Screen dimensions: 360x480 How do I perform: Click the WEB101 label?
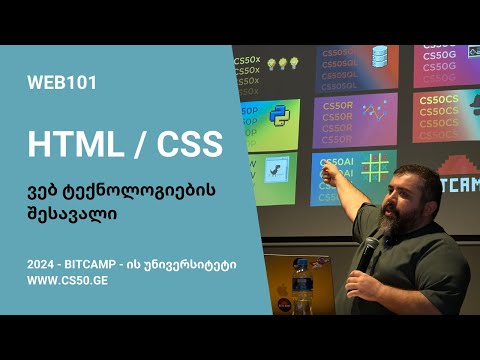[63, 83]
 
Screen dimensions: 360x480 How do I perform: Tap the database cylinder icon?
[379, 57]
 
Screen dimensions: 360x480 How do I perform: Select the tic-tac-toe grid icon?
[377, 164]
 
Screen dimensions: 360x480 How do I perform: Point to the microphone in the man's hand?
[368, 249]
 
